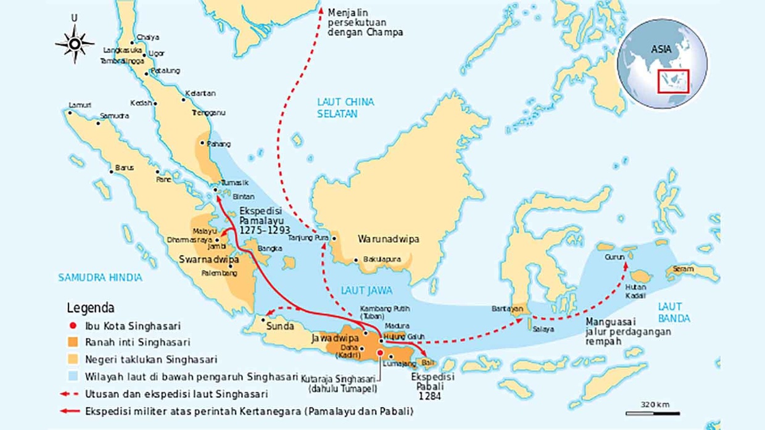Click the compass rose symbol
(75, 44)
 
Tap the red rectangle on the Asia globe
(673, 81)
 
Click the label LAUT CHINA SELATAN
(345, 108)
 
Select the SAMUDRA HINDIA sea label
(100, 278)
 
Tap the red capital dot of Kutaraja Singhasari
(381, 353)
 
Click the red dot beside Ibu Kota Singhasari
(73, 326)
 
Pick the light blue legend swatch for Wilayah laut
(73, 375)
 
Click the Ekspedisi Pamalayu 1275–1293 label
(264, 220)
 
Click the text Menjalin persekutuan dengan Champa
(365, 22)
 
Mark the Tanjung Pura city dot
(334, 237)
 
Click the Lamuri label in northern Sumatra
(80, 104)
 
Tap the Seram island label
(684, 269)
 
